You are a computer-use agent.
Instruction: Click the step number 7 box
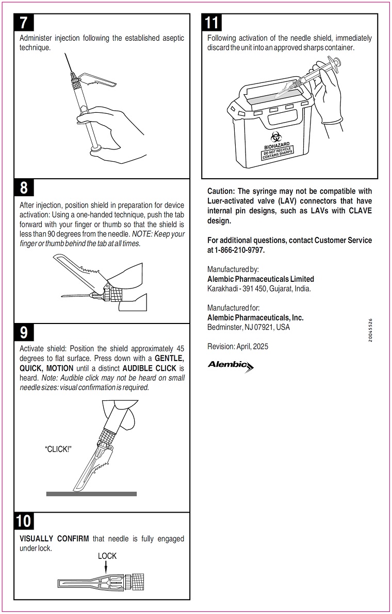(24, 23)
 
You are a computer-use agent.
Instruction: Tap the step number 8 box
(24, 188)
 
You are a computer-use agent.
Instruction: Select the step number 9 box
(24, 333)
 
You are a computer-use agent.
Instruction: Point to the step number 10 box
(24, 521)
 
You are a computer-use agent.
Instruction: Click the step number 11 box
(212, 23)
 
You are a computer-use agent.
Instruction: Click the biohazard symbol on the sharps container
(276, 137)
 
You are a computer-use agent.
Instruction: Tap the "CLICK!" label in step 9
(58, 449)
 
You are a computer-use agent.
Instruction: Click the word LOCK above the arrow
(107, 556)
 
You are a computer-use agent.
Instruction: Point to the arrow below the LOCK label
(106, 567)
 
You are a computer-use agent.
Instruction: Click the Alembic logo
(230, 366)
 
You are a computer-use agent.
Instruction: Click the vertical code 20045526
(371, 337)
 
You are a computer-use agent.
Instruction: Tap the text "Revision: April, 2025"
(238, 346)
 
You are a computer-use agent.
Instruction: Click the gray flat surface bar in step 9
(91, 493)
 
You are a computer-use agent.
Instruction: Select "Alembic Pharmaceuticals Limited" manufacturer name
(260, 279)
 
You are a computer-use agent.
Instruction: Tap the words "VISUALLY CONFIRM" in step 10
(54, 539)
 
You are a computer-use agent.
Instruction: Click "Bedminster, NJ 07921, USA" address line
(249, 327)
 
